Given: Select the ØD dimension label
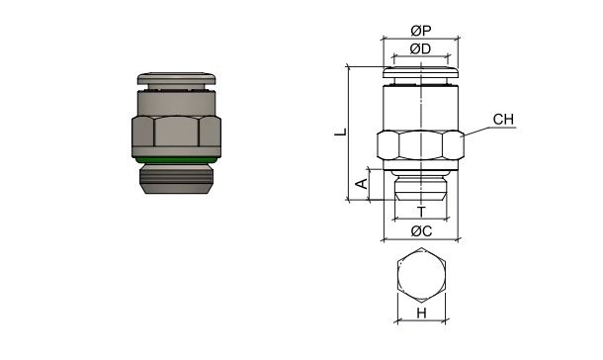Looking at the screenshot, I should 421,48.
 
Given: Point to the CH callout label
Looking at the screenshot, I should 504,120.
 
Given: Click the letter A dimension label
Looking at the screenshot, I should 362,184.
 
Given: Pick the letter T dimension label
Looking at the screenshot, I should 421,212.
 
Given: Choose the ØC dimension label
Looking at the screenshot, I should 421,231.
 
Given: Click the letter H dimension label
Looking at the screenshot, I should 421,314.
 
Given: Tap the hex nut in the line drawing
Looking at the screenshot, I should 421,145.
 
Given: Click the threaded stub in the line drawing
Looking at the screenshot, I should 421,188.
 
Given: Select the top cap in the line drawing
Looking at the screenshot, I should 421,70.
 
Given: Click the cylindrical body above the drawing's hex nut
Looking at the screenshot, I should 421,106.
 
